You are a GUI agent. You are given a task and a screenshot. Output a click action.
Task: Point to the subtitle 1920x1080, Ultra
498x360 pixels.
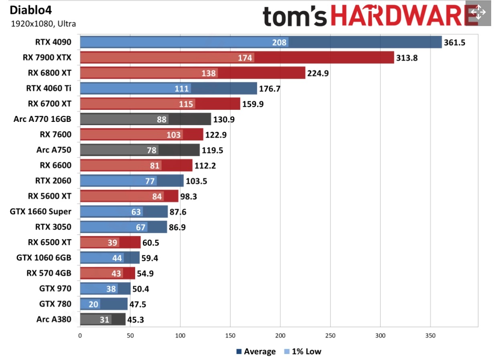(43, 24)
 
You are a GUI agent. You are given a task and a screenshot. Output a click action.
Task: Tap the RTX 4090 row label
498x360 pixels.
(53, 42)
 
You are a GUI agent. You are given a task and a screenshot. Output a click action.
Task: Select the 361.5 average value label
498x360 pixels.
(454, 42)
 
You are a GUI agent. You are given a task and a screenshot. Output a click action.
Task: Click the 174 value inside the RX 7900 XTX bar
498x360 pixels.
(245, 58)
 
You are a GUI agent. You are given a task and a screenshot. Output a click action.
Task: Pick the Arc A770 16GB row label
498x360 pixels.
(42, 119)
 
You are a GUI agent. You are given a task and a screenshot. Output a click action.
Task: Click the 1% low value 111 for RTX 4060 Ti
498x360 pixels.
(182, 89)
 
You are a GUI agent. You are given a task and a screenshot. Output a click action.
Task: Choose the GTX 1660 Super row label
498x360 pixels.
(40, 211)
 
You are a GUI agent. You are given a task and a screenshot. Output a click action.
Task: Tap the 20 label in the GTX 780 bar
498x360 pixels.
(93, 304)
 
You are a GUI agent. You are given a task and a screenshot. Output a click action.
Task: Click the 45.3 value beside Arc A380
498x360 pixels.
(136, 320)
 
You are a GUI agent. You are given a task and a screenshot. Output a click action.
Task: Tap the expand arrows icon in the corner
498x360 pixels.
(478, 12)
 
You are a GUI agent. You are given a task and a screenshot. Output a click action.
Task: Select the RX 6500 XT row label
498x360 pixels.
(50, 242)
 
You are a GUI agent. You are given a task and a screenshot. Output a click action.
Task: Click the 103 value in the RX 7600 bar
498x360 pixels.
(174, 135)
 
